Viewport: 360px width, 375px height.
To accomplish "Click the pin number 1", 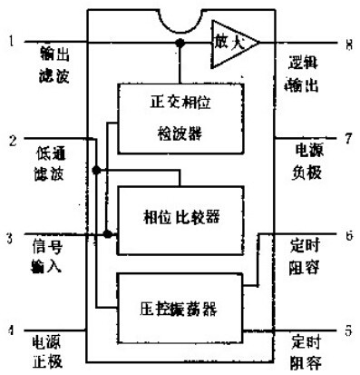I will [x=10, y=41].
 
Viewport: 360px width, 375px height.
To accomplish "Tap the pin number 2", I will [x=10, y=140].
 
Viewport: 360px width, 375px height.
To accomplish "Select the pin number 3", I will [x=10, y=239].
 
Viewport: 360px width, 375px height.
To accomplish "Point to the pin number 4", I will [x=11, y=331].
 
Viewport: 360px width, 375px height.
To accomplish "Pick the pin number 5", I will [x=348, y=330].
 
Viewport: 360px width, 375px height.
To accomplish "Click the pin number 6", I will [x=349, y=233].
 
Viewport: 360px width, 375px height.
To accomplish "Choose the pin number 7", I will [x=348, y=138].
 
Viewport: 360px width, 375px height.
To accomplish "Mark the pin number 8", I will [x=349, y=42].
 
